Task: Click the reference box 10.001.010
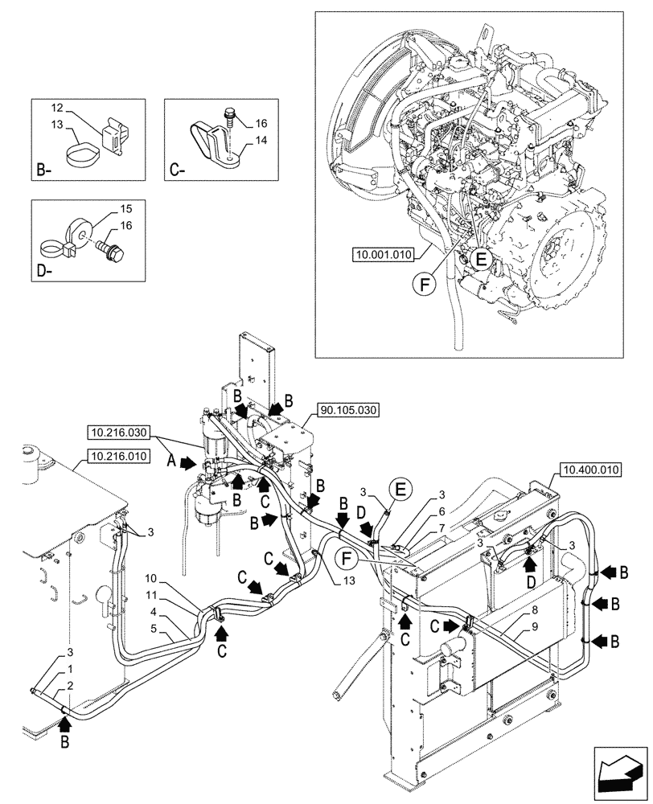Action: [x=382, y=256]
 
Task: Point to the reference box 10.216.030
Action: [x=120, y=432]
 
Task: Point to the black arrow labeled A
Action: [x=186, y=463]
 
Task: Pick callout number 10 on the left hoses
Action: [x=151, y=579]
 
